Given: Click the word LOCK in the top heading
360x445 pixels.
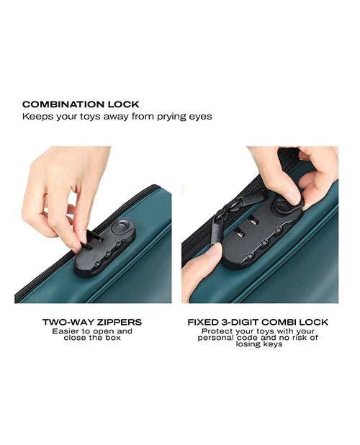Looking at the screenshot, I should coord(119,104).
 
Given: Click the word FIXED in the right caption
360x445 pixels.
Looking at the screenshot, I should coord(203,322).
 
